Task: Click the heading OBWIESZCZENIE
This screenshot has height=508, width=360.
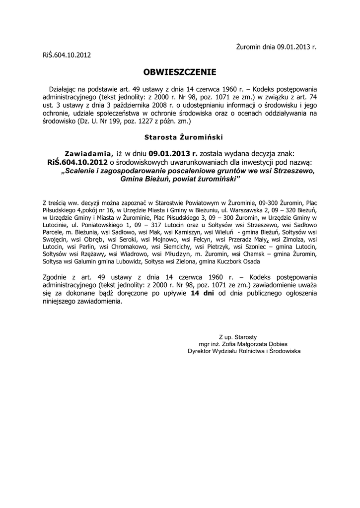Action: coord(180,72)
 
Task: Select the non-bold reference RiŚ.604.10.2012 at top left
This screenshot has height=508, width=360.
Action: coord(67,55)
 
